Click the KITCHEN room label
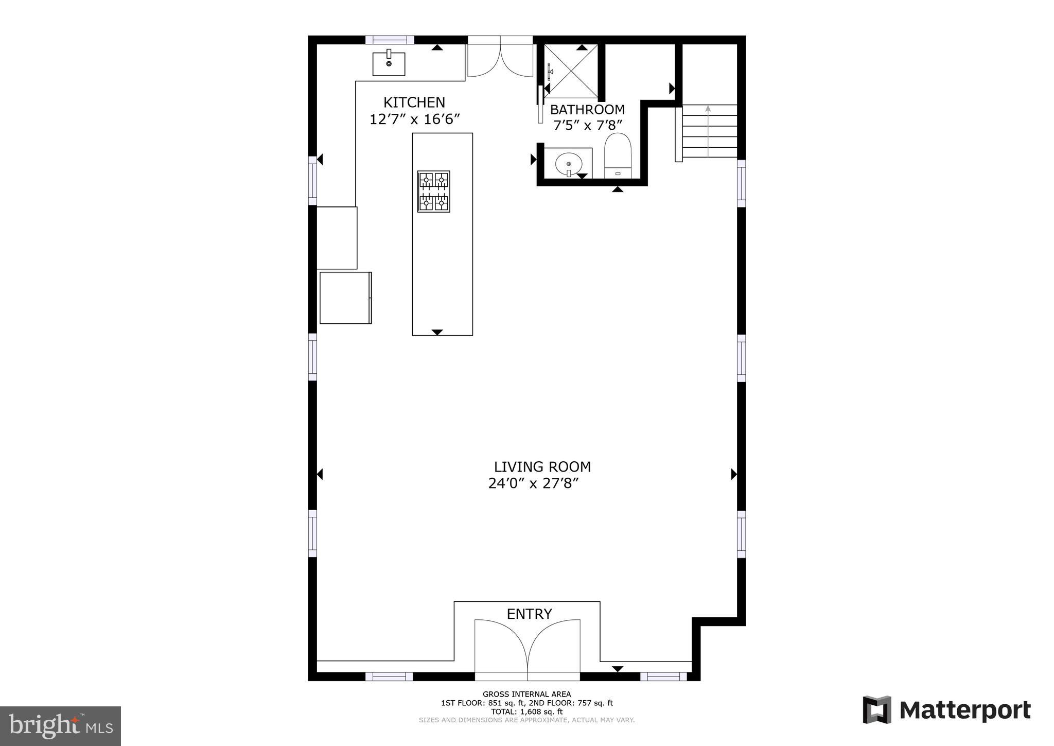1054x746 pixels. pos(414,102)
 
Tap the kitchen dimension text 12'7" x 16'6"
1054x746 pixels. pos(414,119)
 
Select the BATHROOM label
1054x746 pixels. pos(587,110)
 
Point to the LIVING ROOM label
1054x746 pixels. pos(542,467)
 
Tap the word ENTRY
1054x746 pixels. pos(529,614)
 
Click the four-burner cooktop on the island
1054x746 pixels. pos(433,192)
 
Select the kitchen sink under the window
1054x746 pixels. pos(389,64)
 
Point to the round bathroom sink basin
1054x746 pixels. pos(569,164)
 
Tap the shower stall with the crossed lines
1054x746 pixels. pos(571,71)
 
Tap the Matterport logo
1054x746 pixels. pos(947,710)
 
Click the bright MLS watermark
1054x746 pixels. pos(60,726)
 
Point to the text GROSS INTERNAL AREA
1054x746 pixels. pos(526,694)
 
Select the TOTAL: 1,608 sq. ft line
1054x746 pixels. pos(526,712)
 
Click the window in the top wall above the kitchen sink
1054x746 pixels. pos(390,40)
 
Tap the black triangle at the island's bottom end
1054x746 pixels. pos(437,332)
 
